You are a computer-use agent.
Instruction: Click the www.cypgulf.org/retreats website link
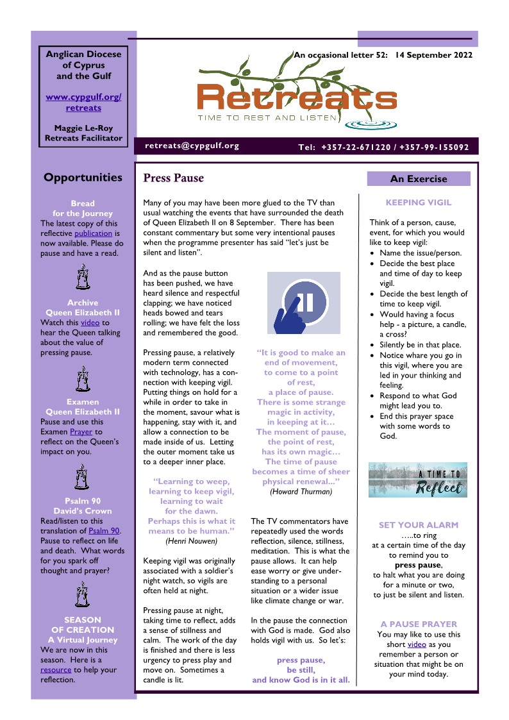click(x=83, y=103)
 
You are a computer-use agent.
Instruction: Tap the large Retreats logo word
click(x=297, y=98)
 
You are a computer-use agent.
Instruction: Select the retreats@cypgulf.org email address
click(x=192, y=146)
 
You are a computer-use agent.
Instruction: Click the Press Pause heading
click(x=174, y=178)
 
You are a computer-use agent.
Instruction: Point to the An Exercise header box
click(x=419, y=179)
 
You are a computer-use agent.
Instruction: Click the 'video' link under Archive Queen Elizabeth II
click(x=90, y=322)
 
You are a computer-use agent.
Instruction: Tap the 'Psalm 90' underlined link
click(x=104, y=532)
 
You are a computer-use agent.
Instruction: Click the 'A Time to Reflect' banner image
click(x=418, y=480)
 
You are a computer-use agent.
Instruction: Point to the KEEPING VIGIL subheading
click(x=419, y=203)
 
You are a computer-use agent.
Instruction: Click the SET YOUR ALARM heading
click(x=419, y=525)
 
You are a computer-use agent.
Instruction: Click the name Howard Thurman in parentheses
click(x=301, y=492)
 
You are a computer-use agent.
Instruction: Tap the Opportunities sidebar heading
click(x=83, y=178)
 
